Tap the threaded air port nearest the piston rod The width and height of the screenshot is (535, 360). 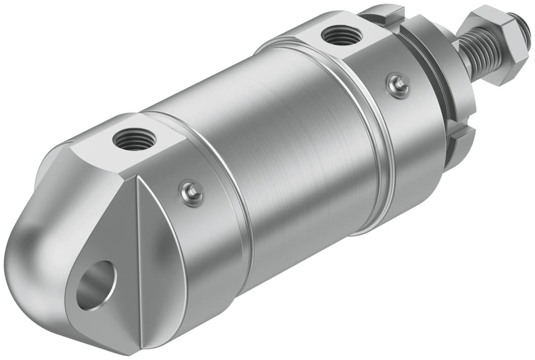[x=341, y=36]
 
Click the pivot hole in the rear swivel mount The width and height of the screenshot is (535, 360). [x=96, y=285]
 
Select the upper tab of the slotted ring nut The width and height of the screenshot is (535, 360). [x=385, y=15]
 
